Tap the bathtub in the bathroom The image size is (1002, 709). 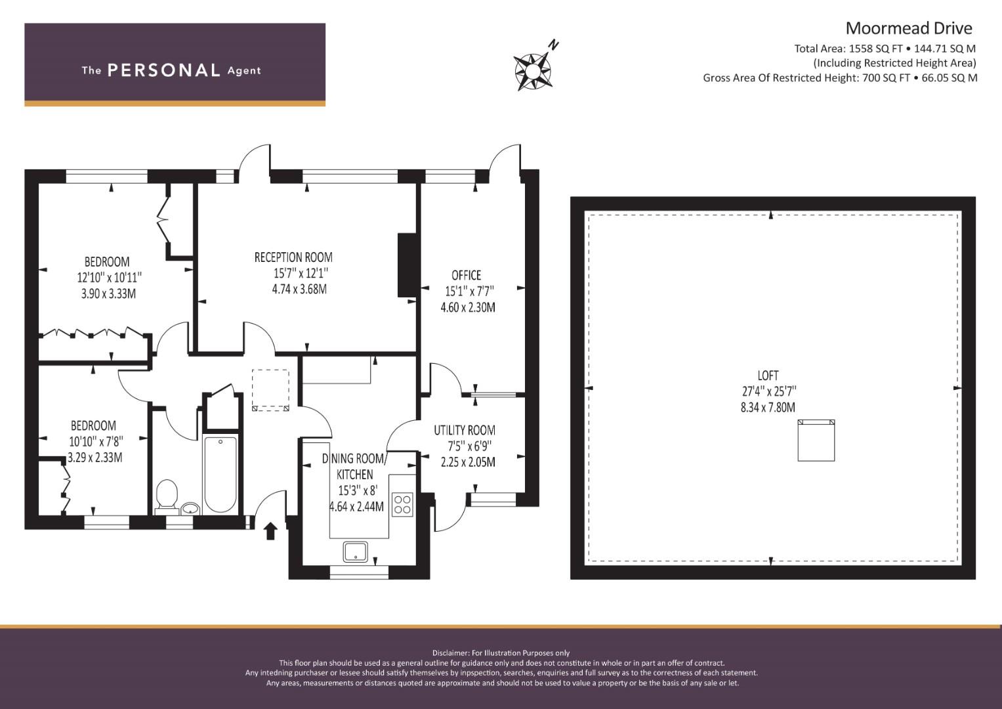[220, 475]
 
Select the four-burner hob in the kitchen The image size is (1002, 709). [402, 504]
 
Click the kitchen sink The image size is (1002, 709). [356, 552]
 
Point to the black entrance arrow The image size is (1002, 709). [270, 532]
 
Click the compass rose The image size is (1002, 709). [532, 71]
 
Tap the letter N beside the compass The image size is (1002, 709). [554, 45]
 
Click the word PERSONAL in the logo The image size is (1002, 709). [164, 70]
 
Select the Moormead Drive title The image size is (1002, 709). [909, 29]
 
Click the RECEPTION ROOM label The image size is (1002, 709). [293, 257]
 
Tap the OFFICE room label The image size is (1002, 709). [466, 275]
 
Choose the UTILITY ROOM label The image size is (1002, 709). [465, 430]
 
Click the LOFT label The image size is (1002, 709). [768, 376]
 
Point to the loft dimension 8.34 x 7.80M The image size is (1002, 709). [768, 407]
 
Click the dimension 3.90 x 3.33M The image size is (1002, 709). [109, 293]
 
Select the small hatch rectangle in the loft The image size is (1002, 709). [816, 440]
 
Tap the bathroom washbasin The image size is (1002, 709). [191, 508]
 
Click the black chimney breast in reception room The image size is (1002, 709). [407, 265]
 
